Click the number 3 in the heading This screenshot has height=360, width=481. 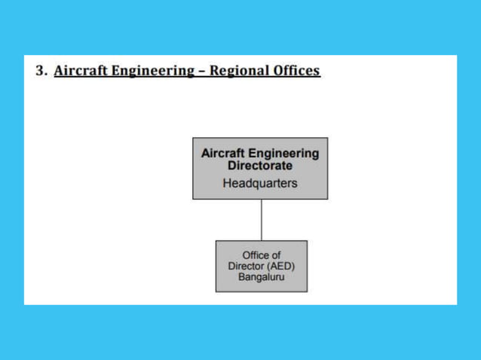tap(41, 72)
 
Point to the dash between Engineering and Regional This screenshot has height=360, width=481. tap(200, 72)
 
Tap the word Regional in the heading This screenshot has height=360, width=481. tap(238, 72)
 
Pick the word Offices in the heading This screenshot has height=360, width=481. tap(296, 72)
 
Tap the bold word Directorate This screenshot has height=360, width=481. tap(260, 164)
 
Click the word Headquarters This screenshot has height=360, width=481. tap(260, 183)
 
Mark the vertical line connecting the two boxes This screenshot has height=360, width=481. tap(261, 220)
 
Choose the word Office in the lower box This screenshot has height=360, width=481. tap(255, 255)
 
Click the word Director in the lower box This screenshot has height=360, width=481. tap(245, 267)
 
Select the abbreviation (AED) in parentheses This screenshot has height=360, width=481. tap(280, 267)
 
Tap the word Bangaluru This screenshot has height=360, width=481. tap(261, 278)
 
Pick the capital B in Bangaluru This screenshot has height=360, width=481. tap(241, 278)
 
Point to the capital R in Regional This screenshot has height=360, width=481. tap(214, 72)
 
